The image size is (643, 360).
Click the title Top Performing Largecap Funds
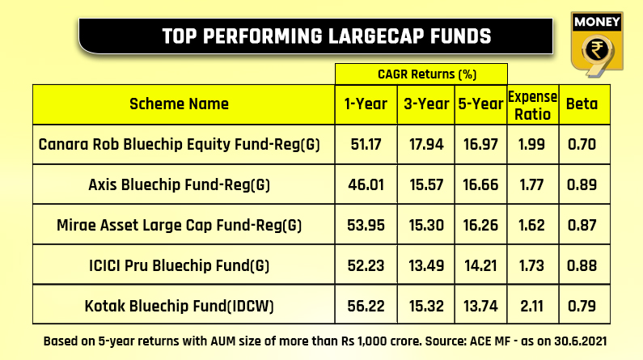(x=327, y=36)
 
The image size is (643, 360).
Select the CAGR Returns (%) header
(x=427, y=74)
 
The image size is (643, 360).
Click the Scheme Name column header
(x=180, y=104)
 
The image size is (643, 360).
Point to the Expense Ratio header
(x=532, y=105)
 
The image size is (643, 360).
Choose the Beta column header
(x=582, y=104)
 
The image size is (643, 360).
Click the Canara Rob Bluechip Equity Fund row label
(x=180, y=144)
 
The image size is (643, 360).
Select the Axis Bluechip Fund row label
(x=180, y=184)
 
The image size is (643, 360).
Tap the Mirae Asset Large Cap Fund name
(x=180, y=225)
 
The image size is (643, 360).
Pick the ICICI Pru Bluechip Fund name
(x=180, y=265)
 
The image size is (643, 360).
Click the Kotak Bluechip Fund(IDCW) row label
(x=180, y=306)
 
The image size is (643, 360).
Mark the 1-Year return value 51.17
(x=366, y=144)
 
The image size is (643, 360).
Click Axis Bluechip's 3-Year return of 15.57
(x=426, y=184)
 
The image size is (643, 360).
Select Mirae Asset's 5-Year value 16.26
(x=480, y=225)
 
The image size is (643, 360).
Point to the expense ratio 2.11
(x=531, y=306)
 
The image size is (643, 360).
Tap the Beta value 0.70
(x=582, y=144)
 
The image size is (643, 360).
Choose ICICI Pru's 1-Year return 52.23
(x=366, y=265)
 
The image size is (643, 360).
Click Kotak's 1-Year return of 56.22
(x=366, y=306)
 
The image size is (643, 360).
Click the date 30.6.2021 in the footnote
(x=580, y=341)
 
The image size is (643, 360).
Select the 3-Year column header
(x=426, y=104)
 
